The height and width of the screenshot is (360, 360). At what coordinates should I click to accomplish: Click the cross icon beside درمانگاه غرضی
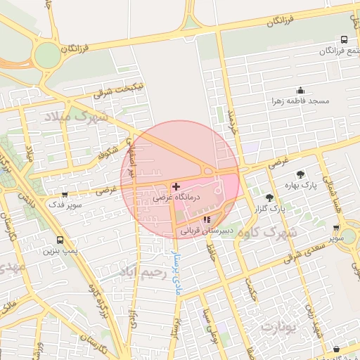point(175,186)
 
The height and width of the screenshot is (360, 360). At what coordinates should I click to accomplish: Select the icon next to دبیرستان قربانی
point(206,219)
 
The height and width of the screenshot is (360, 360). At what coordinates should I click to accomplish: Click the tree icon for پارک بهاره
point(301,174)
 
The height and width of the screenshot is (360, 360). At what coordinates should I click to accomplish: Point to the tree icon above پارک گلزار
point(270,198)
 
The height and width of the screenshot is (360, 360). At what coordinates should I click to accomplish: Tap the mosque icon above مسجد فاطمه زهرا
point(301,90)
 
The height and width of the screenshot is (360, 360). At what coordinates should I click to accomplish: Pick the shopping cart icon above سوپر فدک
point(65,195)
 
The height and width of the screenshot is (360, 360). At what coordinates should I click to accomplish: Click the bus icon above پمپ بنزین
point(60,239)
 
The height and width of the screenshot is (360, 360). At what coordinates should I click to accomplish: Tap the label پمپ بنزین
point(60,250)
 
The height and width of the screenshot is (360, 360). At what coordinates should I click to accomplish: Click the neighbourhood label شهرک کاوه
point(269,231)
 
